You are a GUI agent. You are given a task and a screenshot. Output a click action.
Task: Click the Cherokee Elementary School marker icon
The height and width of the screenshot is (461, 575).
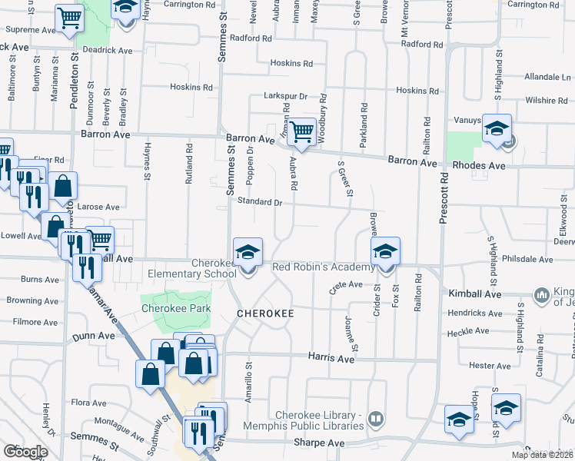(248, 253)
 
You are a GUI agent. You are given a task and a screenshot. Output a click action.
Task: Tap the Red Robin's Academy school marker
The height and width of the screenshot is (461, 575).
(385, 251)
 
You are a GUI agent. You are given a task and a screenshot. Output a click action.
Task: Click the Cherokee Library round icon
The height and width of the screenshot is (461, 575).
(375, 419)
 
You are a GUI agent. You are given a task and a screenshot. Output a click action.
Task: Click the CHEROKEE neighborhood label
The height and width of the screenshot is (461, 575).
(266, 314)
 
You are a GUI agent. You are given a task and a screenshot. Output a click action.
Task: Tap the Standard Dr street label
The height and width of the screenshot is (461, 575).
(260, 201)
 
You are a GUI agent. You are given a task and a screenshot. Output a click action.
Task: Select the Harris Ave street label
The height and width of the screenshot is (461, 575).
(331, 358)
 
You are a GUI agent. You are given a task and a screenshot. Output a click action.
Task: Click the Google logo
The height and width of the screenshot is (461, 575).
(25, 452)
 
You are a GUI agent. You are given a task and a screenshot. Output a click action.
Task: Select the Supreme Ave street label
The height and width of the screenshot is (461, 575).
(31, 30)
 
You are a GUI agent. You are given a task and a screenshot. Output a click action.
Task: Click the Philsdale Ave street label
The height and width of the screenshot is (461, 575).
(527, 260)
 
